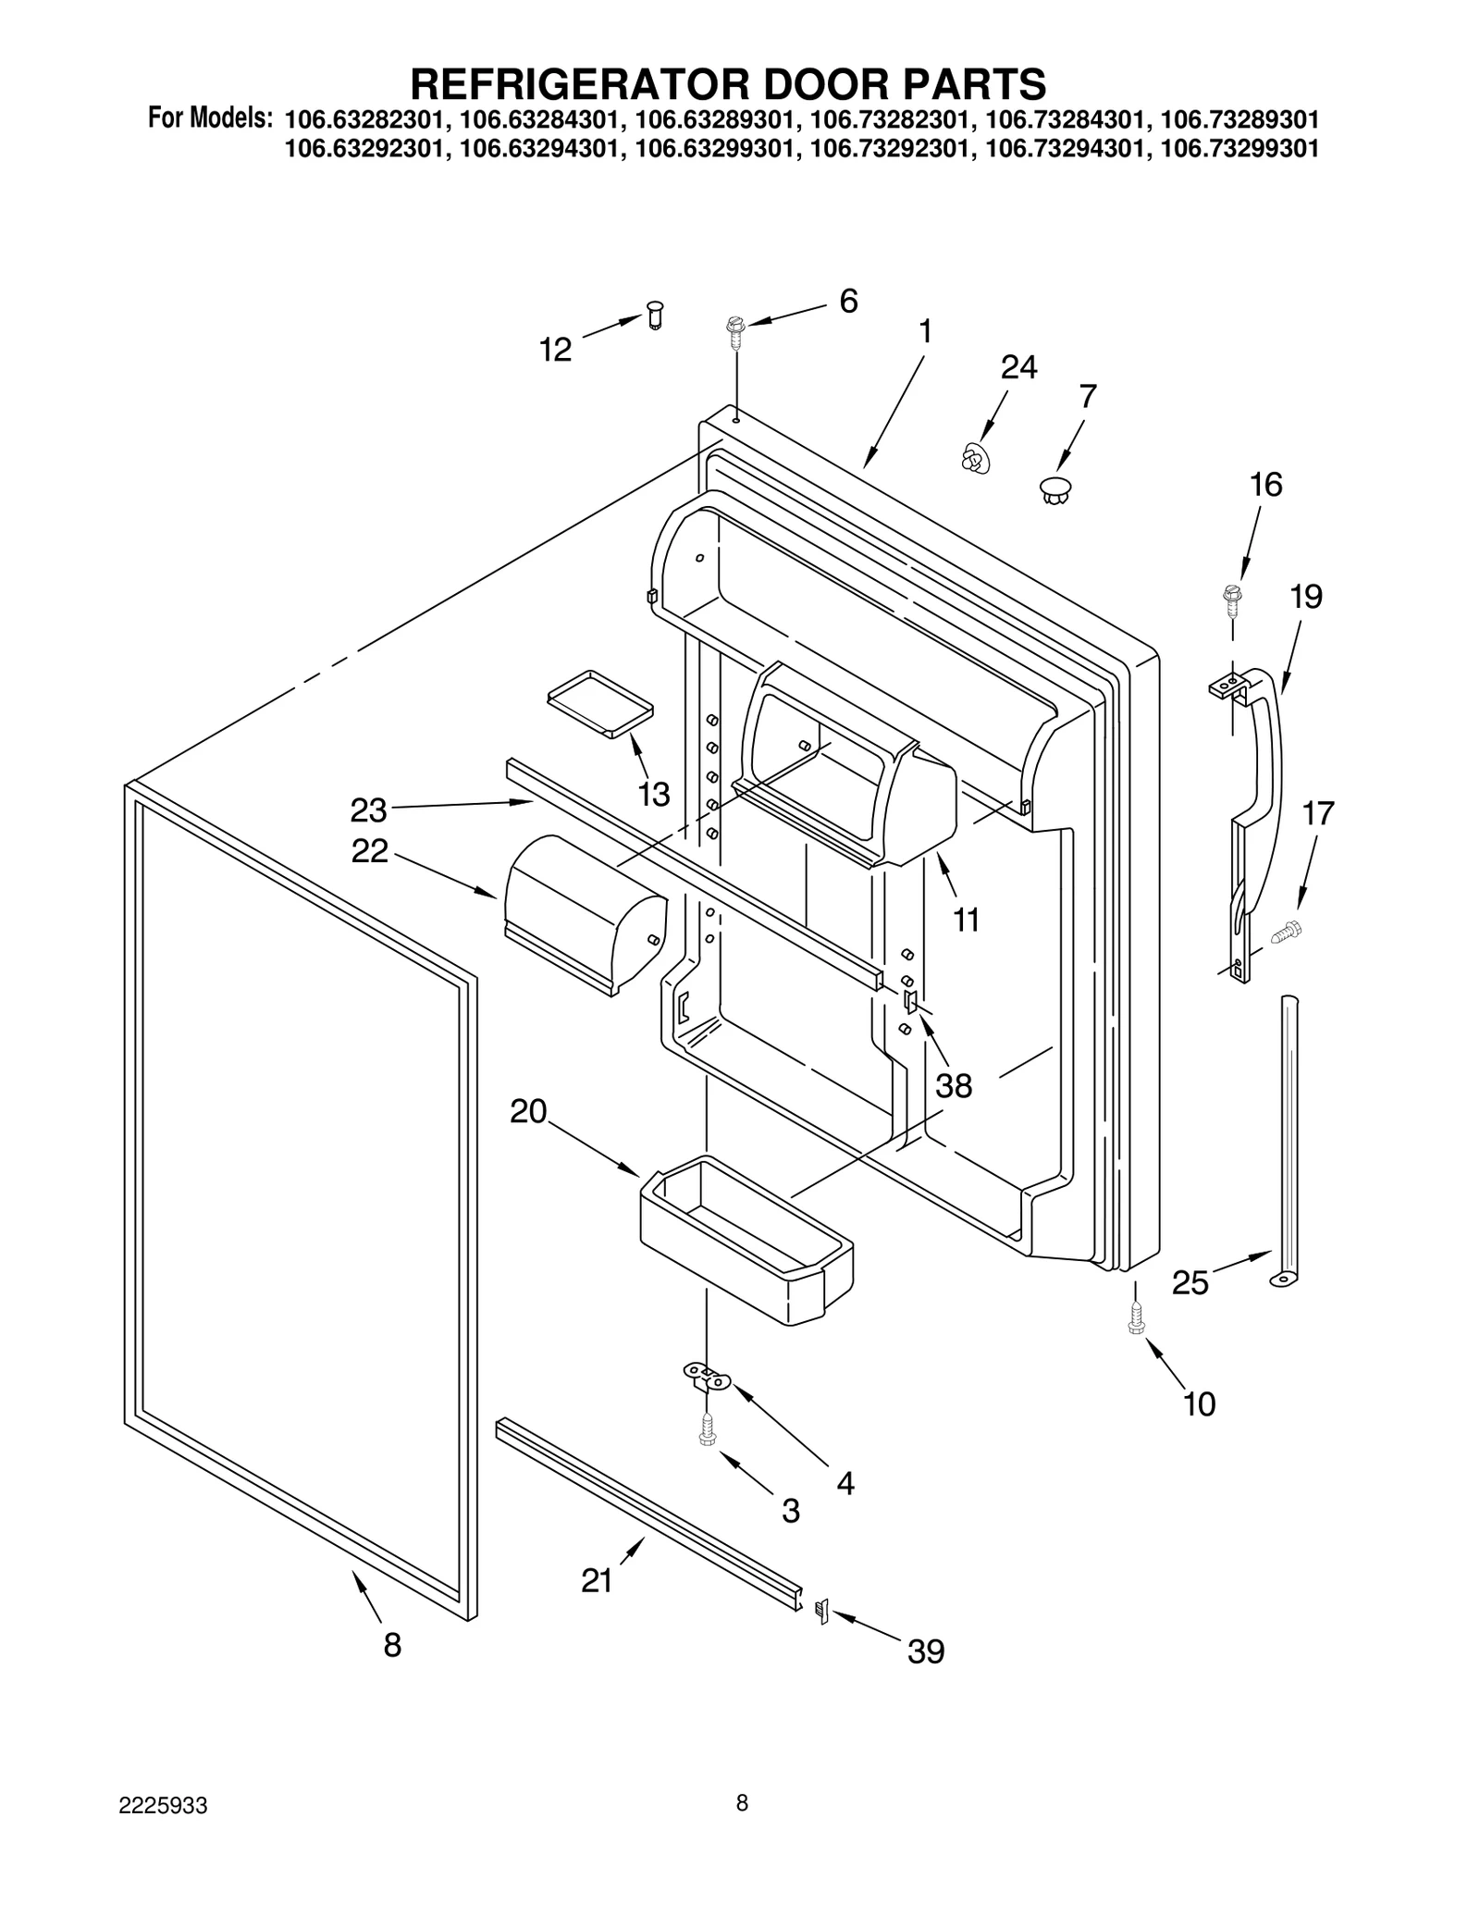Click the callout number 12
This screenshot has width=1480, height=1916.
[555, 350]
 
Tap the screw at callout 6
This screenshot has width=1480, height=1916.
[736, 331]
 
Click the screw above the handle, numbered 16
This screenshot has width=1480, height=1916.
[1232, 599]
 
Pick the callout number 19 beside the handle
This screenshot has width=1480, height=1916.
[1305, 597]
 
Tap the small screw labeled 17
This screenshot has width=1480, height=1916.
[1287, 932]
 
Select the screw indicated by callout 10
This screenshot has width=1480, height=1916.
[1137, 1317]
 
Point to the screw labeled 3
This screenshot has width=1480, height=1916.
[708, 1429]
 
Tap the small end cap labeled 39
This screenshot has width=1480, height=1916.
[820, 1611]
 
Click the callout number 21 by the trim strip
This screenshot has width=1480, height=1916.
[597, 1580]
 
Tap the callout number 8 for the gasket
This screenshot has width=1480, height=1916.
[392, 1645]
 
